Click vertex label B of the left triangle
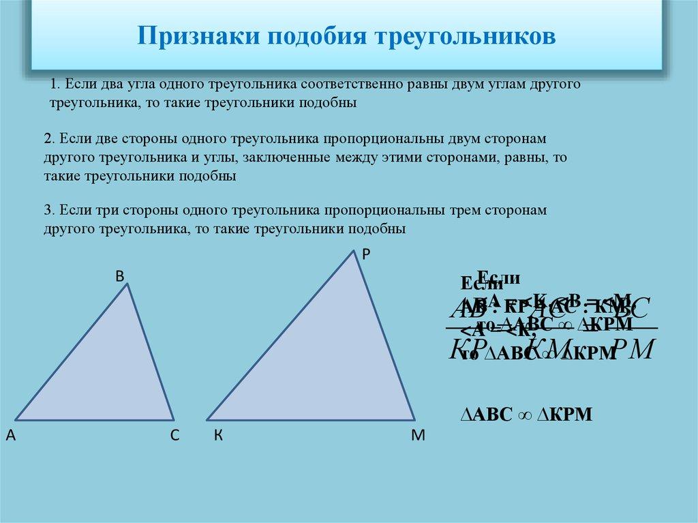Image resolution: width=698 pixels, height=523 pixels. pos(119,276)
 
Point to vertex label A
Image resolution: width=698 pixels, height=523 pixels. pos(10,436)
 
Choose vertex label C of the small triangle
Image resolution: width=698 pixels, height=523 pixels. pos(174,436)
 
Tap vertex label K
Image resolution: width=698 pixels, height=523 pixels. pos(218,436)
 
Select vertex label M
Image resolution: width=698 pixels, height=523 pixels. pos(417,436)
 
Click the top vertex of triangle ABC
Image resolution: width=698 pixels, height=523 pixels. pos(128,284)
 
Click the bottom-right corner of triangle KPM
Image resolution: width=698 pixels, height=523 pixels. pos(414,419)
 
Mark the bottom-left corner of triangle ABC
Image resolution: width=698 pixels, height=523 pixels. pos(15,419)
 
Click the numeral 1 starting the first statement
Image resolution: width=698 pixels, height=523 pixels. pos(53,85)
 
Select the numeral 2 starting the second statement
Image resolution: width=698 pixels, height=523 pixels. pos(47,138)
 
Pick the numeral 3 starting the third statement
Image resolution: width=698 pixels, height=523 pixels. pos(47,210)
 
